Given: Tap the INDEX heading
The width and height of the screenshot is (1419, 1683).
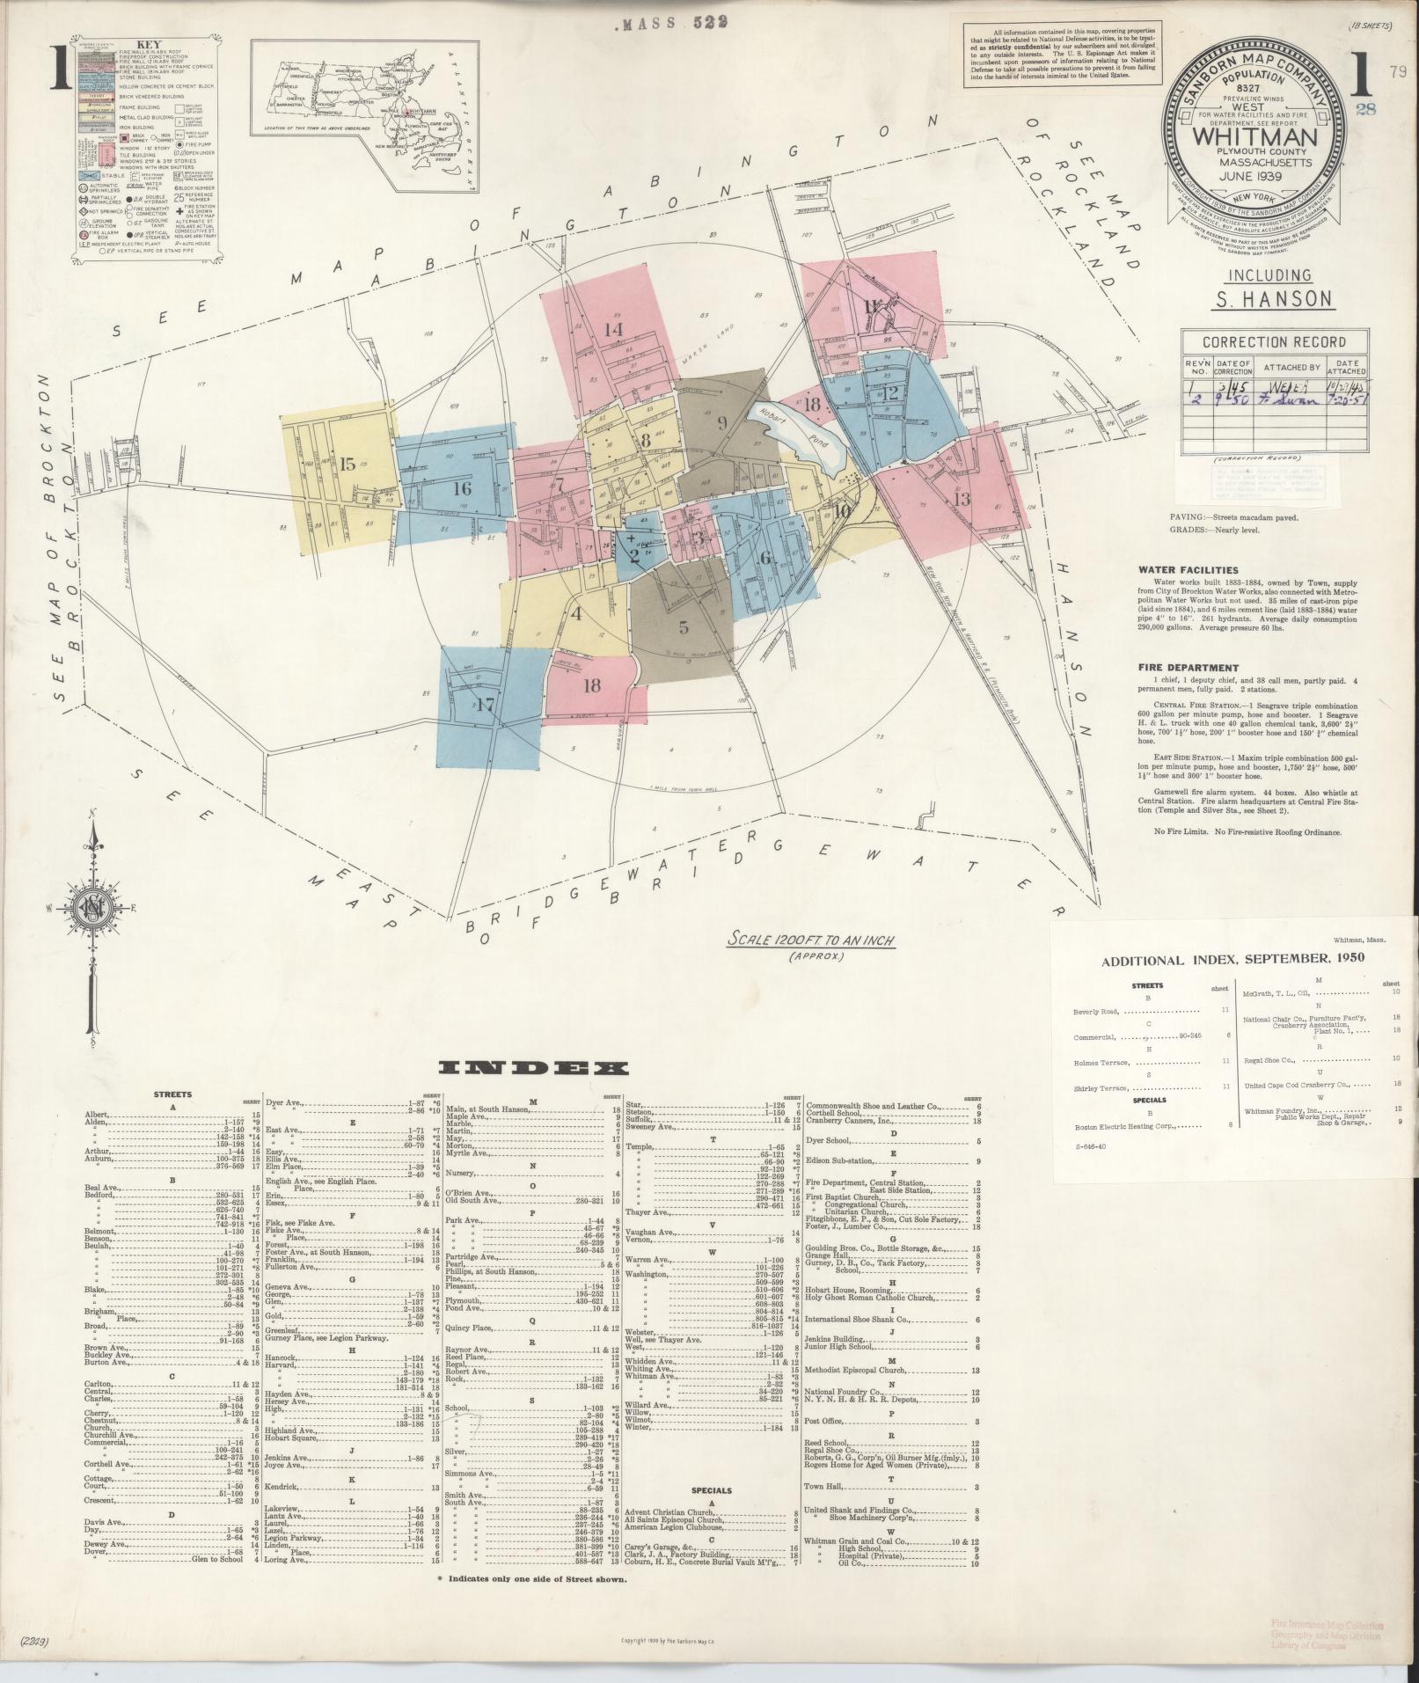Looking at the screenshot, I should click(535, 1068).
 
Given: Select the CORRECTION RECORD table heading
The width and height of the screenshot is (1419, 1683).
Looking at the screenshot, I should click(1273, 342).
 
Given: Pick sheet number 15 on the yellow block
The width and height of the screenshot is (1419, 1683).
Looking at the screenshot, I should click(348, 464).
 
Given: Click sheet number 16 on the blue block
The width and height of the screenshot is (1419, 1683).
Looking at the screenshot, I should click(463, 489).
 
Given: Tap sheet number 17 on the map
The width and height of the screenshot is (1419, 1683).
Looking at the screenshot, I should click(486, 705).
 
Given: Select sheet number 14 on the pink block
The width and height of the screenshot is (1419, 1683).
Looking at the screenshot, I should click(613, 329).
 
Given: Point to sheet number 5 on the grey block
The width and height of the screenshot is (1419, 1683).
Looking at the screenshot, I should click(684, 628).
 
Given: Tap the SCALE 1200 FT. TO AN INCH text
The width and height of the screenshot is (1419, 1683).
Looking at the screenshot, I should click(810, 940).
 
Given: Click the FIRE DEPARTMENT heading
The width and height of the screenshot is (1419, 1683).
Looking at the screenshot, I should click(1185, 667).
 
